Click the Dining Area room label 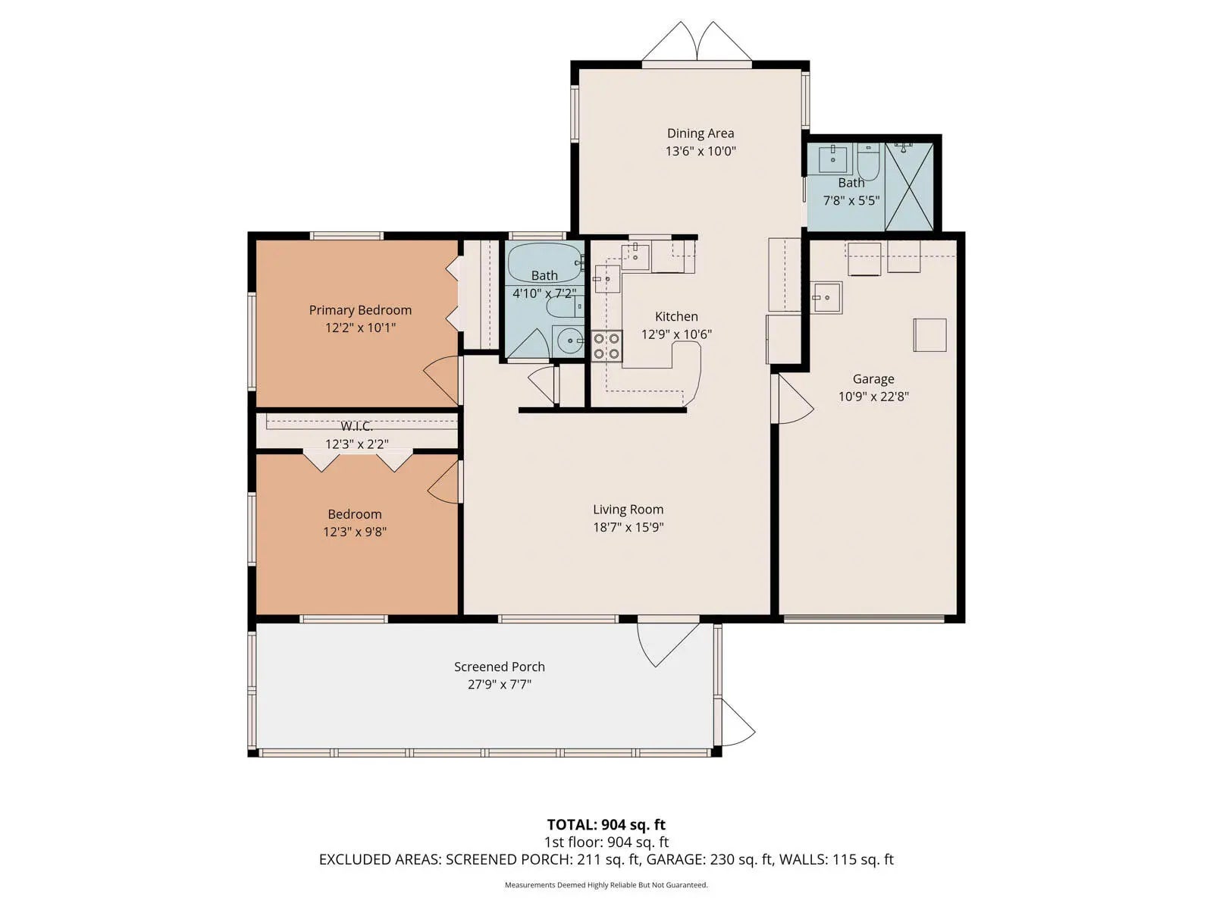[x=701, y=133]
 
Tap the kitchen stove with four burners [x=606, y=346]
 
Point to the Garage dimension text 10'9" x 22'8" [x=873, y=396]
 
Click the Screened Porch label [x=499, y=667]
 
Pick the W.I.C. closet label [x=356, y=426]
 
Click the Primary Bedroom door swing [x=442, y=381]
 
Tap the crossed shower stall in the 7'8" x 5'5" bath [x=909, y=187]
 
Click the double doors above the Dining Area [x=697, y=42]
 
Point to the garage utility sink [x=826, y=297]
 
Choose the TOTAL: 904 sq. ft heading [x=606, y=824]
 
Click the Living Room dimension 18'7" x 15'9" [x=628, y=526]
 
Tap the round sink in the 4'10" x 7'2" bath [x=569, y=341]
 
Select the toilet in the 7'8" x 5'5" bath [x=868, y=162]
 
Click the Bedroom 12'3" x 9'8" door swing [x=444, y=482]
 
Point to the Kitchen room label [x=675, y=316]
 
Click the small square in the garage [x=929, y=335]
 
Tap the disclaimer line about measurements [x=606, y=884]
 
